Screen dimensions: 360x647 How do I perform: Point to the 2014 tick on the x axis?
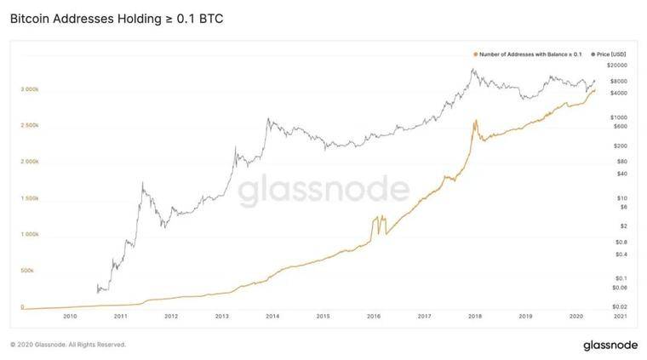click(x=272, y=316)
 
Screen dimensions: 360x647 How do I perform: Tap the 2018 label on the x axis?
click(x=474, y=316)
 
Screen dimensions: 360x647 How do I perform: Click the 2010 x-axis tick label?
click(x=70, y=316)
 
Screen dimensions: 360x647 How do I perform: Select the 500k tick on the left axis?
click(x=28, y=270)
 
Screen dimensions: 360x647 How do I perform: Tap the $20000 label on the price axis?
click(x=617, y=66)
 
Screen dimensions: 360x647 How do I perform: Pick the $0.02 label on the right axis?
click(x=619, y=306)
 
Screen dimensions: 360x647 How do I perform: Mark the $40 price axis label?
click(x=622, y=174)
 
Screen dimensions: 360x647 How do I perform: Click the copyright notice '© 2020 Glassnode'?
click(x=68, y=345)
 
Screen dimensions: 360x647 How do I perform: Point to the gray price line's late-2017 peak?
click(x=473, y=69)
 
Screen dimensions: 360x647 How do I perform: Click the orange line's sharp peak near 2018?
click(x=476, y=121)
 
